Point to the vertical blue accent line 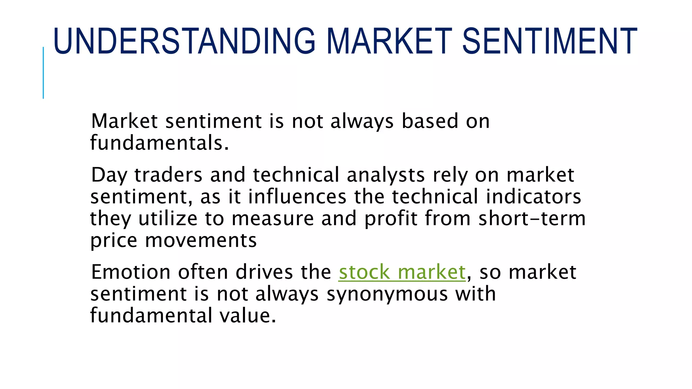43,73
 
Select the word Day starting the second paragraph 109,176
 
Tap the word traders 168,176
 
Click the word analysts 386,176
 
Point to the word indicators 534,197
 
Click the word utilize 168,218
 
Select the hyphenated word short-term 532,218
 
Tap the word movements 201,240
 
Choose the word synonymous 387,294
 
